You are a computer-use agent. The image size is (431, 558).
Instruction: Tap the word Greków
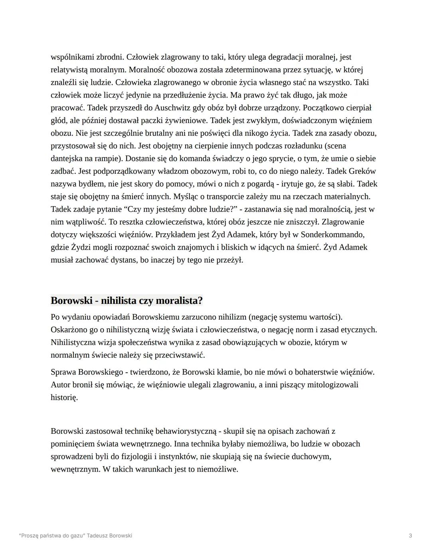362,171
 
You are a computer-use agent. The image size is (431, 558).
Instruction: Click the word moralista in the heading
177,300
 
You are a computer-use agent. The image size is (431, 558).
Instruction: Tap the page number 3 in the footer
410,536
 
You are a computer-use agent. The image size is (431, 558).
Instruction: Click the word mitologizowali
332,385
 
